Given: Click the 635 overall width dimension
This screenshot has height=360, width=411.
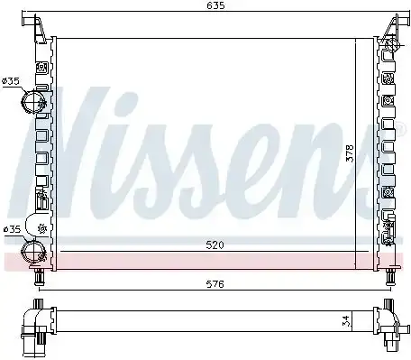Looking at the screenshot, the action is coord(215,5).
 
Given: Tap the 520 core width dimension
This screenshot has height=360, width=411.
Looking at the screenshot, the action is coord(215,245).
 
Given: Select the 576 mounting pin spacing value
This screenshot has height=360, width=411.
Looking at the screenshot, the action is coord(215,284).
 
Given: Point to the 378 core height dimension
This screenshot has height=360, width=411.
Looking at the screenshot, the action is coord(351,153).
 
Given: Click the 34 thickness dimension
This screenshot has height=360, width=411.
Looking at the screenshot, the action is coord(345,321).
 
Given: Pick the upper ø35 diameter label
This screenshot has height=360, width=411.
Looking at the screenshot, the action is coord(11,81).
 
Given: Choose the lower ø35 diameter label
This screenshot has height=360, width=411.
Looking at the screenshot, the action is coord(12,229).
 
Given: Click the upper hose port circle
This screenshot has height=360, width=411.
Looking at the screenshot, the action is coord(33,102).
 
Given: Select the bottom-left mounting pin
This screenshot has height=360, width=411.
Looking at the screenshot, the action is coord(40,277).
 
